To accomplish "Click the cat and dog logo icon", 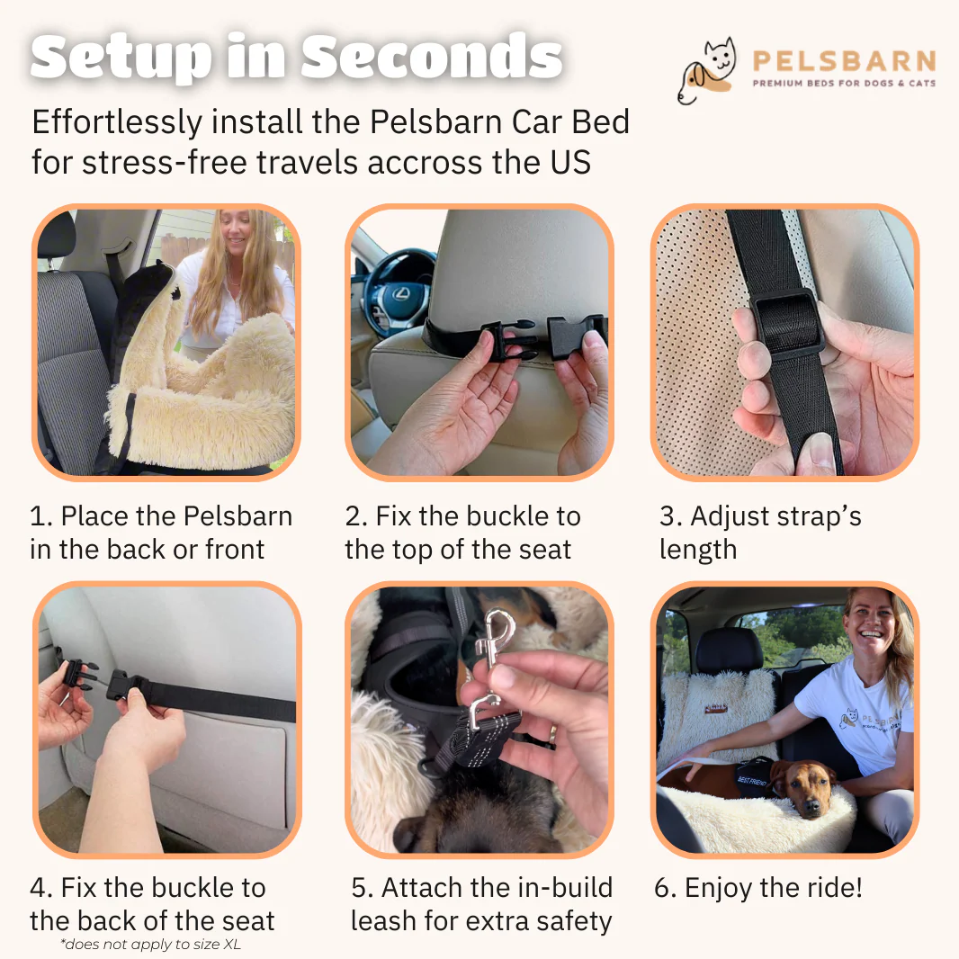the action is [x=706, y=70].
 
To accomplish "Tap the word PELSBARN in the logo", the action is [x=844, y=61].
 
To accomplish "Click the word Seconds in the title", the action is [x=431, y=57].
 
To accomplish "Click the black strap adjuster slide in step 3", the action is [x=785, y=322].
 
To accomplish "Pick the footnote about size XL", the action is [x=150, y=945].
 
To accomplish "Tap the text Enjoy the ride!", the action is [x=773, y=887].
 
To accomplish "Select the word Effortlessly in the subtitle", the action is [x=117, y=122].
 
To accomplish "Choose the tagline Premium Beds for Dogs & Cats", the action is [x=844, y=83].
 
